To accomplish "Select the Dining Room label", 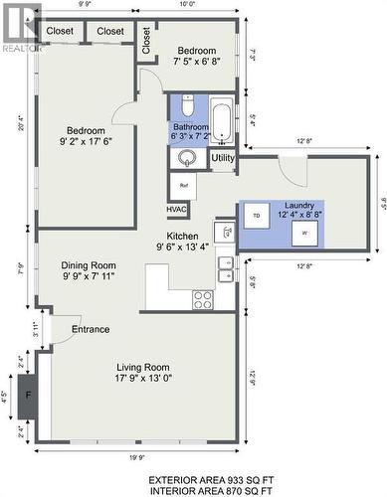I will click(89, 271).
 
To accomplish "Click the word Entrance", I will click(90, 329).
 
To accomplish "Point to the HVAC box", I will click(176, 210).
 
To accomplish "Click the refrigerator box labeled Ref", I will click(182, 185).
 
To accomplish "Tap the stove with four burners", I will click(203, 297).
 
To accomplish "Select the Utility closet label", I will click(223, 158).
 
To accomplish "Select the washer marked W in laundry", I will click(304, 231).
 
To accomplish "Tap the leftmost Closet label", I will click(60, 32).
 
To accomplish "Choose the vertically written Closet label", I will click(146, 40).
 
